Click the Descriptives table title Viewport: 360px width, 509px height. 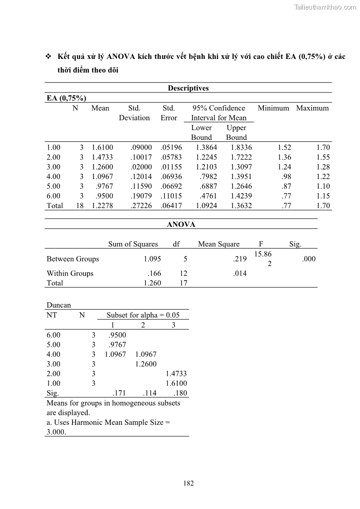click(x=188, y=88)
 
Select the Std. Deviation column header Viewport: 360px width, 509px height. click(x=134, y=113)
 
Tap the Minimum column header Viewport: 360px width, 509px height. click(x=273, y=108)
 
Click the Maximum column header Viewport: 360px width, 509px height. click(x=312, y=108)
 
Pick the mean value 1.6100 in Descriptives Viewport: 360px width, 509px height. click(x=102, y=147)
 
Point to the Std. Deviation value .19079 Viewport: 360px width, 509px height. click(x=141, y=196)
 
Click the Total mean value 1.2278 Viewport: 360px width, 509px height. click(x=102, y=206)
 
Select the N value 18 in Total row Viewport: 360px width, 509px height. click(x=79, y=206)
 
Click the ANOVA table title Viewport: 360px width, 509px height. click(x=181, y=224)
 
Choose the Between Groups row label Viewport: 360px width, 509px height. click(x=73, y=259)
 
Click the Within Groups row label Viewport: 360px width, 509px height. click(x=70, y=273)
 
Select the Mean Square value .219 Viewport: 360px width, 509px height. click(x=241, y=259)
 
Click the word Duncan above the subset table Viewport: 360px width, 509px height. click(x=59, y=305)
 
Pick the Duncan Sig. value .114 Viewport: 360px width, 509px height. click(x=149, y=393)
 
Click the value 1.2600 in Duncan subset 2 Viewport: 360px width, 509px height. click(x=146, y=364)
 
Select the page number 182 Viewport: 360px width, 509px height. click(x=189, y=483)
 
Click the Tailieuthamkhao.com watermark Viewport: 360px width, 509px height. click(x=325, y=7)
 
